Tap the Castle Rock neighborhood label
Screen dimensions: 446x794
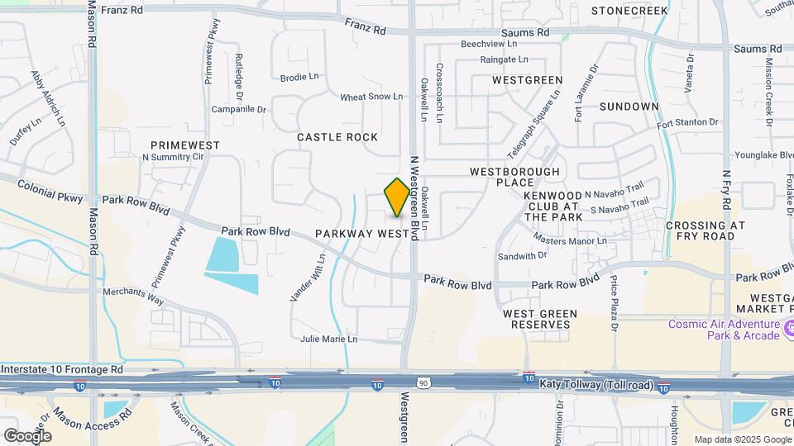point(337,137)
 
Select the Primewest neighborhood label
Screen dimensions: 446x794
point(185,145)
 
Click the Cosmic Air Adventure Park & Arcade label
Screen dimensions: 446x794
point(725,330)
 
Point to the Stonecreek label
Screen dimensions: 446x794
point(629,11)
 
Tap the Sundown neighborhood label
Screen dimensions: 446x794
point(629,107)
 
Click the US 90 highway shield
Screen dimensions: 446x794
point(424,382)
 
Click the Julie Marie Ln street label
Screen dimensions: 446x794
point(329,339)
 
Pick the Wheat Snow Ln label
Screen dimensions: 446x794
point(371,97)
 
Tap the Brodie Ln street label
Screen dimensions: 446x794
point(299,78)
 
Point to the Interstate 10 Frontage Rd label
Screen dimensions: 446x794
point(62,369)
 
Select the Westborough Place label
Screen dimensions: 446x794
point(514,177)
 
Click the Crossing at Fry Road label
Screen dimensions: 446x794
point(705,230)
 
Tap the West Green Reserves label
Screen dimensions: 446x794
point(537,319)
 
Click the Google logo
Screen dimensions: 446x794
point(27,435)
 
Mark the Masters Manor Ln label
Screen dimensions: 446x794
point(570,240)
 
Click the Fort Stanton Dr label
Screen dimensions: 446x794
point(688,122)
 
